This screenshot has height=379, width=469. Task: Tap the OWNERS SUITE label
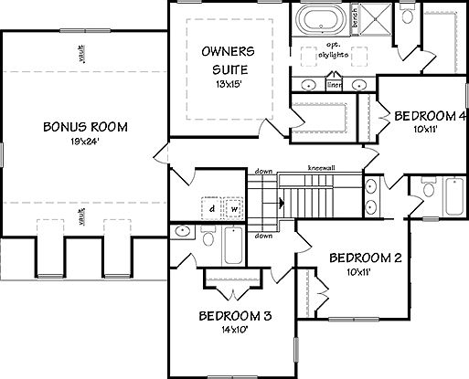229,59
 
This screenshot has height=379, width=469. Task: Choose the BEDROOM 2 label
365,258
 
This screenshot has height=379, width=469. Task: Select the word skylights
332,55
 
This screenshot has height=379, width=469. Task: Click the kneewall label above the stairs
320,168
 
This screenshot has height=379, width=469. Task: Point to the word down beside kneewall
265,170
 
